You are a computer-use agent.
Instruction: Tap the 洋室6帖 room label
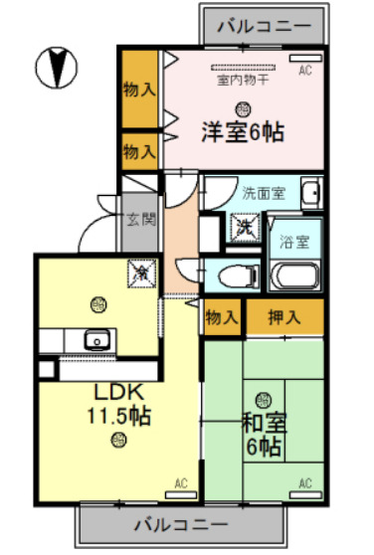coord(243,130)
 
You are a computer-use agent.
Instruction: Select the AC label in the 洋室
coord(305,71)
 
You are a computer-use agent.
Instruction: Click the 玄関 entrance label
coord(140,220)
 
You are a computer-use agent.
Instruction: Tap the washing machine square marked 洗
coord(243,227)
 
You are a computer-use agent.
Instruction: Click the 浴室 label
coord(292,241)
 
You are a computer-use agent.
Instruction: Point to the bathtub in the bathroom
coord(293,276)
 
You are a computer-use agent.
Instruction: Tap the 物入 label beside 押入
coord(222,318)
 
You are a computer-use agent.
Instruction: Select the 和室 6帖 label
coord(264,434)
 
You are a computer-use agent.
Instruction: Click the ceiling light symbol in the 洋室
coord(242,107)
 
